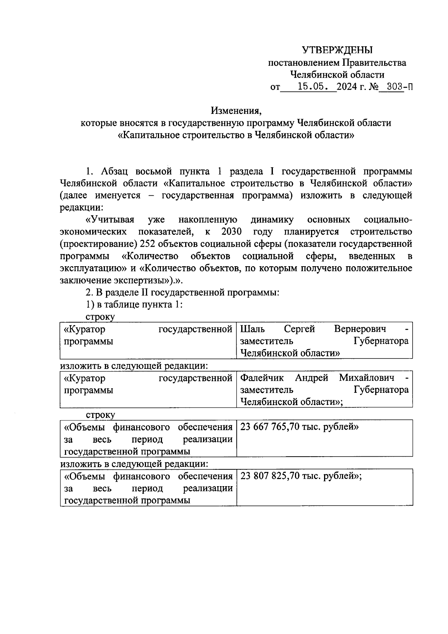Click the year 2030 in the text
231,232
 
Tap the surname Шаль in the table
253,329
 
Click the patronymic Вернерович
360,329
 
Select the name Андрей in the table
311,378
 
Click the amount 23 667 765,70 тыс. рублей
299,427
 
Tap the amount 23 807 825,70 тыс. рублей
301,476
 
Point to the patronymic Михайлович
366,378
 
